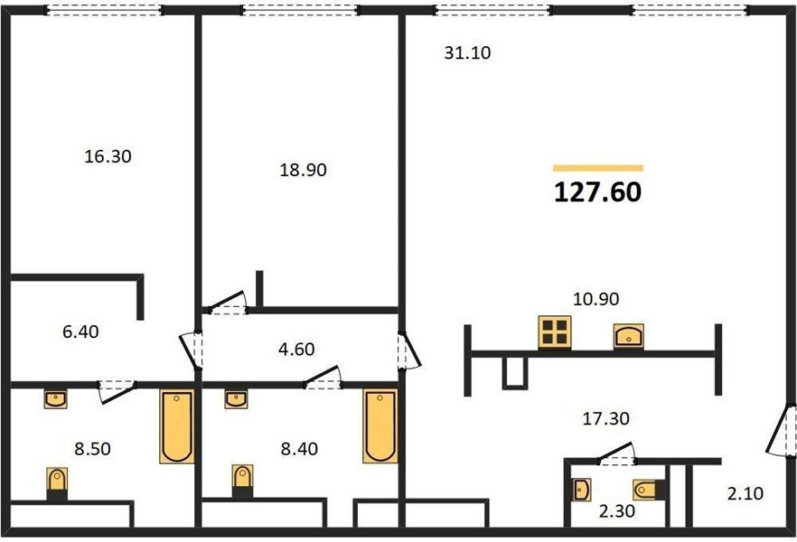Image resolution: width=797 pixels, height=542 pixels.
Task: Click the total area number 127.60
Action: (x=598, y=192)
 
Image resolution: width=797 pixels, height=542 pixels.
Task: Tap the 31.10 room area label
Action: (x=467, y=52)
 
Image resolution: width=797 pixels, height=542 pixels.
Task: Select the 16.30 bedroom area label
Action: (x=108, y=156)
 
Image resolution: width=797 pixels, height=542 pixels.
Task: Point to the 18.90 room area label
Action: (x=303, y=170)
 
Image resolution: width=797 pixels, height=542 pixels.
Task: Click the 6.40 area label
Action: (x=80, y=332)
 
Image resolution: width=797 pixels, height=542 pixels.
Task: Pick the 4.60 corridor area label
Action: (x=296, y=349)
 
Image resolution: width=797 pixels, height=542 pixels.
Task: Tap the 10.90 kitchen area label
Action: (x=595, y=299)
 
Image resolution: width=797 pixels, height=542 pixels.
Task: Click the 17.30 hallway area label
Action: (x=605, y=418)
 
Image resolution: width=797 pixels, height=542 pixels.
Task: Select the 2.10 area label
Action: (x=745, y=493)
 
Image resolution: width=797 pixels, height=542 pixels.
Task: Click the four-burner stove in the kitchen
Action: (x=555, y=332)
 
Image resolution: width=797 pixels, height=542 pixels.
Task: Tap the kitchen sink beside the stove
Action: (x=629, y=336)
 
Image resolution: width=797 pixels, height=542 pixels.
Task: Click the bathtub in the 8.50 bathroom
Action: (x=177, y=426)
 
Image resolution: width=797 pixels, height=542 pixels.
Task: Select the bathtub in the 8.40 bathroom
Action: (x=380, y=426)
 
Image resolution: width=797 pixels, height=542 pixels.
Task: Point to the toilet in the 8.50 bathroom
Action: (x=57, y=484)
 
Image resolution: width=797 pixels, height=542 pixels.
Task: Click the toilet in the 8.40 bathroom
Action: (x=242, y=481)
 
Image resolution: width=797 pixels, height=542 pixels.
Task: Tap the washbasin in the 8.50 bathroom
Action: (x=55, y=400)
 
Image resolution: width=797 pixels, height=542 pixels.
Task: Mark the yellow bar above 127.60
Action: (x=598, y=168)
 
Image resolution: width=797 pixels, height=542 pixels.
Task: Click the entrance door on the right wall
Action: (x=782, y=430)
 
